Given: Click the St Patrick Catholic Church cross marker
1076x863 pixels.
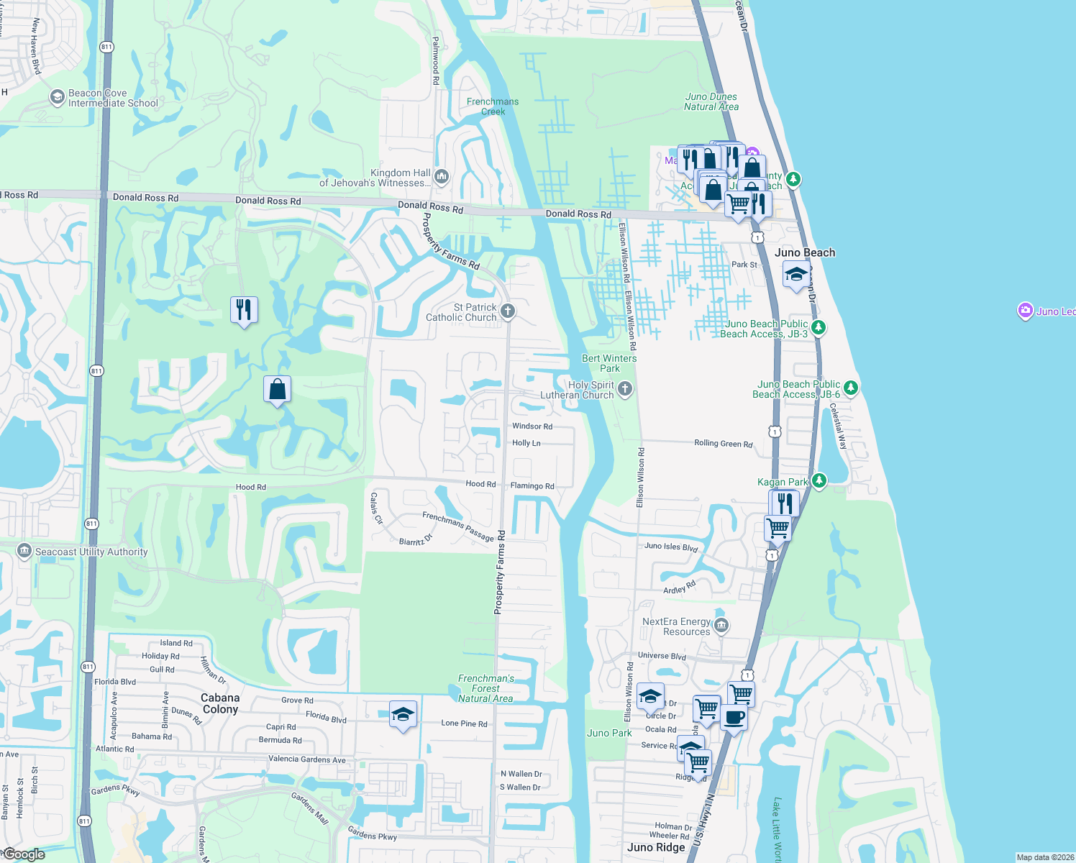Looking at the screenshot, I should tap(508, 311).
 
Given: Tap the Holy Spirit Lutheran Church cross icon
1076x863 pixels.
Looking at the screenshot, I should tap(625, 389).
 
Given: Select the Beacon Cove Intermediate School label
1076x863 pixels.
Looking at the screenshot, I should tap(113, 99).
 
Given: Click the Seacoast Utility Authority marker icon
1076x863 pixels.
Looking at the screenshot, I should tap(24, 552).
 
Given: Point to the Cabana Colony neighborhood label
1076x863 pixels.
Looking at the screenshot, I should tap(220, 703).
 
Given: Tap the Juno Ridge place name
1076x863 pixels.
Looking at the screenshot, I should tap(656, 847).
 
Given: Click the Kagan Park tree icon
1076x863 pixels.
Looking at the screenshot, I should tap(819, 480).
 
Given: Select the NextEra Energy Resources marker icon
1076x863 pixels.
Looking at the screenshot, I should tap(721, 626).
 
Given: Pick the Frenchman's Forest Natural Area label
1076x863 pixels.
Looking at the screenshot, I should tap(485, 688).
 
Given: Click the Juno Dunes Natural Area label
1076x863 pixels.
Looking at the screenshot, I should tap(711, 101).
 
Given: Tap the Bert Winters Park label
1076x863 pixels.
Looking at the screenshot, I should tap(609, 363).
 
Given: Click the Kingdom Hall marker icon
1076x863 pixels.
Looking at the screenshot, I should tap(442, 175).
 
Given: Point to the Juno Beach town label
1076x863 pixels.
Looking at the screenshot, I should tap(805, 252).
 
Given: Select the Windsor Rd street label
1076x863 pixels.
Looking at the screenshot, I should tap(532, 426).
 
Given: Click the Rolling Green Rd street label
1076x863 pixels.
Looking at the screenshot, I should tap(723, 443).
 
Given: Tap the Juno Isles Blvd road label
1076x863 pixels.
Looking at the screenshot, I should tap(671, 547).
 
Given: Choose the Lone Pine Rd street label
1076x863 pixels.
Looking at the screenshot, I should tap(464, 723).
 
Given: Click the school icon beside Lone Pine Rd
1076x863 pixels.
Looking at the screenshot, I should tap(403, 715).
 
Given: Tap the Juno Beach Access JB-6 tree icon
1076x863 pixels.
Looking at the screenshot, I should tap(851, 388).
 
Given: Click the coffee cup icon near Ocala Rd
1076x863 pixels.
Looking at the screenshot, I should tap(734, 717).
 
